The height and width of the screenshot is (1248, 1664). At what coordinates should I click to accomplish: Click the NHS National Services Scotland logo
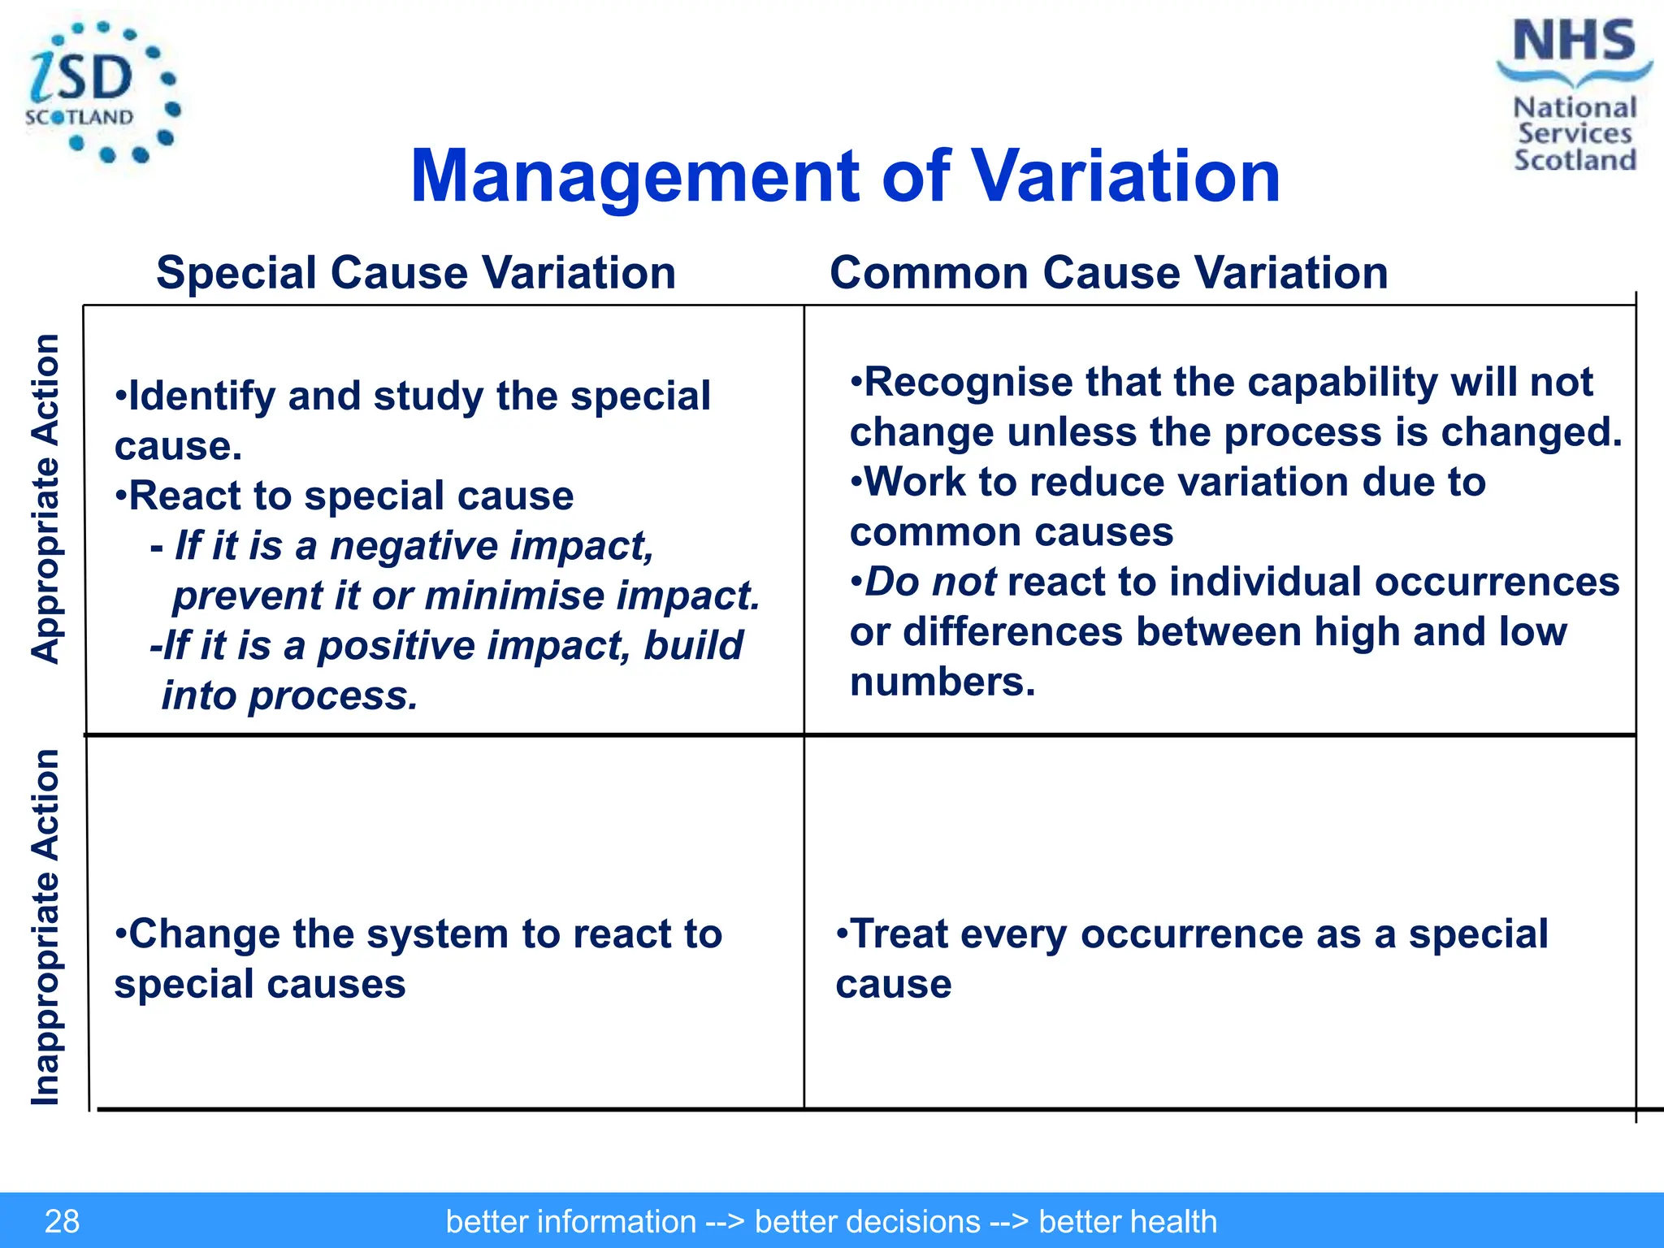click(1574, 96)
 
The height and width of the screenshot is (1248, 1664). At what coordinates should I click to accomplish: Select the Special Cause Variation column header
click(416, 272)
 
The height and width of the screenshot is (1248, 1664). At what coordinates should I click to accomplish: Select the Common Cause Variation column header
click(1108, 272)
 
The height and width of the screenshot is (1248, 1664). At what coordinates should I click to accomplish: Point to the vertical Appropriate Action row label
click(45, 499)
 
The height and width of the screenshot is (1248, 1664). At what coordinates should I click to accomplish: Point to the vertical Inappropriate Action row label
click(45, 926)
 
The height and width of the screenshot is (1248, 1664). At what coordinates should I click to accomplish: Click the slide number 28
click(62, 1221)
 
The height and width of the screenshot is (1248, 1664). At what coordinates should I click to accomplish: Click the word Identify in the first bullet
click(202, 396)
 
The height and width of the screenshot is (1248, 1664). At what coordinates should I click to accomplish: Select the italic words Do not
click(929, 582)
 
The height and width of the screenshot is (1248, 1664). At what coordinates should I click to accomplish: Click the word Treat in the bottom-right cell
click(898, 934)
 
